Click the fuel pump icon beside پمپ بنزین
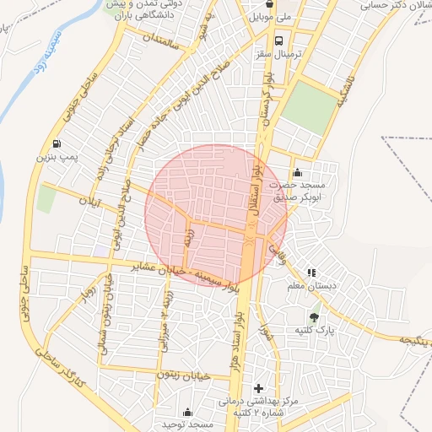[57, 143]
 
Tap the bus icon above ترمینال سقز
[278, 39]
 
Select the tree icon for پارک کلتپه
[315, 317]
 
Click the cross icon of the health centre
[258, 388]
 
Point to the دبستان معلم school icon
[312, 273]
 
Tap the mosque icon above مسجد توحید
[187, 412]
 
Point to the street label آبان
[89, 202]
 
